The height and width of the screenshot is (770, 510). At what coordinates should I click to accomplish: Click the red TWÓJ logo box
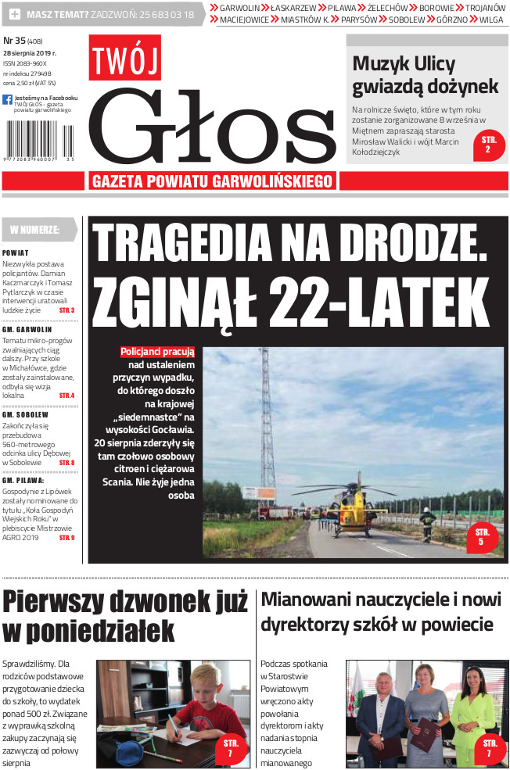tap(124, 57)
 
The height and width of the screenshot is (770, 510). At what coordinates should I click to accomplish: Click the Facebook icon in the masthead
tap(7, 100)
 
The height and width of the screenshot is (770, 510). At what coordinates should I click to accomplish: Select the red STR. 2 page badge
tap(489, 144)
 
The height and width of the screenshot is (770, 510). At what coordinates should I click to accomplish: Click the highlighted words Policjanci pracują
tap(157, 352)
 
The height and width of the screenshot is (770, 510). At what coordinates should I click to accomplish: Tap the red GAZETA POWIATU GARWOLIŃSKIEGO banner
tap(213, 181)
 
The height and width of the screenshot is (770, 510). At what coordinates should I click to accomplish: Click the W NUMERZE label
tap(36, 230)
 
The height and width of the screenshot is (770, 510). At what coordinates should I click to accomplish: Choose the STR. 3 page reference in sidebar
tap(66, 310)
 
